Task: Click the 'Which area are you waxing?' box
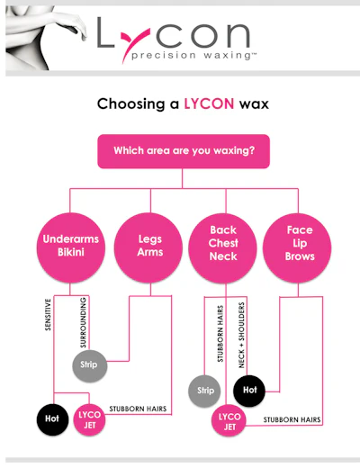pyautogui.click(x=184, y=151)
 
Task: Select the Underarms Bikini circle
pyautogui.click(x=71, y=247)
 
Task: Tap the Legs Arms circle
pyautogui.click(x=148, y=247)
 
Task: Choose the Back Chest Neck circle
pyautogui.click(x=222, y=248)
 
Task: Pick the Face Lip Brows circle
pyautogui.click(x=297, y=248)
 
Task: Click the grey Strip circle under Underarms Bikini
pyautogui.click(x=90, y=365)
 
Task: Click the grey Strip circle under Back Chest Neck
pyautogui.click(x=204, y=391)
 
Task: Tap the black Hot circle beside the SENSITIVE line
pyautogui.click(x=52, y=419)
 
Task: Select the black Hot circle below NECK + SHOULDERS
pyautogui.click(x=249, y=391)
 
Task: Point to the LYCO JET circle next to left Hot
pyautogui.click(x=89, y=419)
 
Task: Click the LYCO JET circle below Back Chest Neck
pyautogui.click(x=229, y=421)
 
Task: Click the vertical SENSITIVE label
pyautogui.click(x=48, y=314)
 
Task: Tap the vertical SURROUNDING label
pyautogui.click(x=83, y=322)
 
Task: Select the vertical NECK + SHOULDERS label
pyautogui.click(x=241, y=335)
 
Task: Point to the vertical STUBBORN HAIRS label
pyautogui.click(x=220, y=334)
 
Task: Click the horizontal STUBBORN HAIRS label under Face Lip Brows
pyautogui.click(x=292, y=419)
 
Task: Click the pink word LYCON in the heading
pyautogui.click(x=209, y=103)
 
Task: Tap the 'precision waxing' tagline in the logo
pyautogui.click(x=194, y=56)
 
